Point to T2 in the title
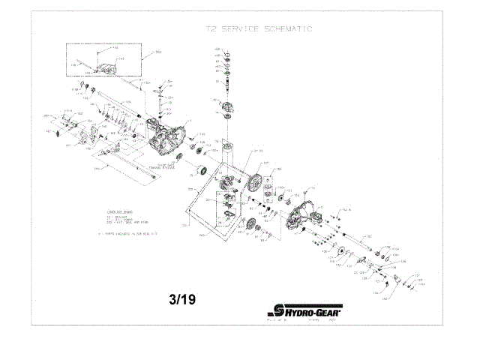(211, 31)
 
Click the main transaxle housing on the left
(169, 135)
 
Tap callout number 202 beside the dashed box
(159, 52)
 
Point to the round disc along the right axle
(343, 253)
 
